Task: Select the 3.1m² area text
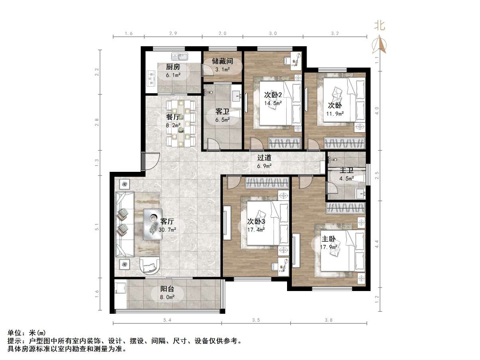222,70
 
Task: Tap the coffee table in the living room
153,224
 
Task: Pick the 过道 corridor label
264,158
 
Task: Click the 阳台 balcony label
167,289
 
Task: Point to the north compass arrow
380,45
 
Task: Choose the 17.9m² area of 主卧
329,247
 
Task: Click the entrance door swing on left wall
152,162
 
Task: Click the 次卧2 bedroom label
273,95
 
